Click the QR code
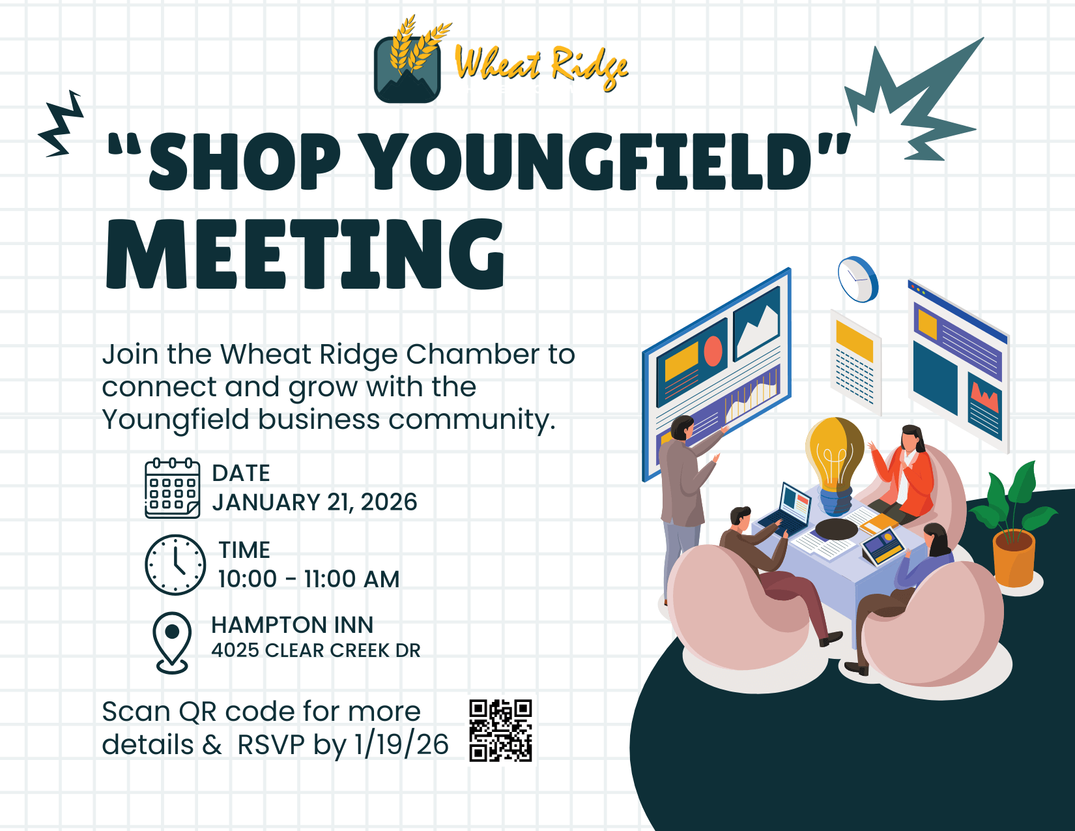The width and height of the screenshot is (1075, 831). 500,730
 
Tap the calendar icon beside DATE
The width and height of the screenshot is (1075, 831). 172,488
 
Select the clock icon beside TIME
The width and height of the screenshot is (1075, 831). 175,565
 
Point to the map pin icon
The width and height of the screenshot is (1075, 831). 172,641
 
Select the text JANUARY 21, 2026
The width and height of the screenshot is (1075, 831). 315,503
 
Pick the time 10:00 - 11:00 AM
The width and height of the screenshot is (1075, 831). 309,579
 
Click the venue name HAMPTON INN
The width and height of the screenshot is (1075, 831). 293,625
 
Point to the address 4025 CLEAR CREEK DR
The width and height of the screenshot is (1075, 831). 316,650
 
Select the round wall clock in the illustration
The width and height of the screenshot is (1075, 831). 857,280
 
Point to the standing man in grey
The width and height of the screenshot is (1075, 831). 682,495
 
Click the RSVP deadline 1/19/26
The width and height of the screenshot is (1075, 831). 401,745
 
